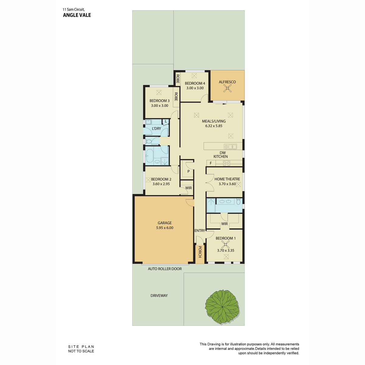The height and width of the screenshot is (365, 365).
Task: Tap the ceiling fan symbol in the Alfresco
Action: (x=227, y=88)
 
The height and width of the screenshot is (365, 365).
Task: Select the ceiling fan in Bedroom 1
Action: (x=225, y=245)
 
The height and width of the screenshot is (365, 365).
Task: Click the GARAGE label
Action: (x=165, y=223)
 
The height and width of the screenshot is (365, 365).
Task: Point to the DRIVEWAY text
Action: (x=159, y=295)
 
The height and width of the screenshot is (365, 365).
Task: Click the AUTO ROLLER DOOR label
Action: (x=165, y=269)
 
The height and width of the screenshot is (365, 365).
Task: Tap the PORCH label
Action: (x=200, y=252)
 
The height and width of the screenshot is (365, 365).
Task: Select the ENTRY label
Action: (x=200, y=231)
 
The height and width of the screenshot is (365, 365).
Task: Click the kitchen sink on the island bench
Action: (x=230, y=147)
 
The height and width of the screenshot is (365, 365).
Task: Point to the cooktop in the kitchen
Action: (x=227, y=163)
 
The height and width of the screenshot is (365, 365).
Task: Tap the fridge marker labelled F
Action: (x=210, y=163)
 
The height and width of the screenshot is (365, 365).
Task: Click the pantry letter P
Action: (x=188, y=172)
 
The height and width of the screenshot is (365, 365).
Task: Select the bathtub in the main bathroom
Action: (x=149, y=156)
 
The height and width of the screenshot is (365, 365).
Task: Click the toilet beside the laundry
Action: (x=148, y=141)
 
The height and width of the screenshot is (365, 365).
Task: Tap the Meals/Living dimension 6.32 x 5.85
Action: (x=214, y=126)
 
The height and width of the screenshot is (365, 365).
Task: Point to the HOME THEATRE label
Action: (x=227, y=179)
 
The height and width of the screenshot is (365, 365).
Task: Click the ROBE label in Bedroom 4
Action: (x=178, y=79)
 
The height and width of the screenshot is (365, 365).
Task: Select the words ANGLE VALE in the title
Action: (x=77, y=15)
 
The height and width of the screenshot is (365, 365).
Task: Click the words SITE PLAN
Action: (x=81, y=347)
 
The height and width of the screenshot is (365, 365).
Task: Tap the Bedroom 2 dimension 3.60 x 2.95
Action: (x=161, y=184)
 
